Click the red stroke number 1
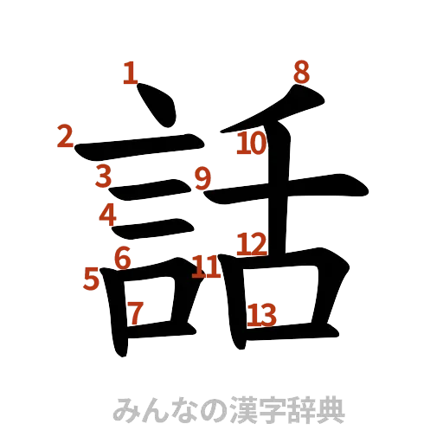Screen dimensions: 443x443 [130, 72]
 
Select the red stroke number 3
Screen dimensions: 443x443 [104, 176]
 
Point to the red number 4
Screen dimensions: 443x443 [107, 213]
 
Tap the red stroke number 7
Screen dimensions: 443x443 [135, 312]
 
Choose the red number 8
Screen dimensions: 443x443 [300, 72]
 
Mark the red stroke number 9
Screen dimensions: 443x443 [202, 179]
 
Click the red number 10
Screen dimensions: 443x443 [250, 144]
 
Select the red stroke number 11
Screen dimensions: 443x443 [205, 266]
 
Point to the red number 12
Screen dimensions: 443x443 [253, 244]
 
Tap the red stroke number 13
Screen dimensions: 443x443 [261, 315]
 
